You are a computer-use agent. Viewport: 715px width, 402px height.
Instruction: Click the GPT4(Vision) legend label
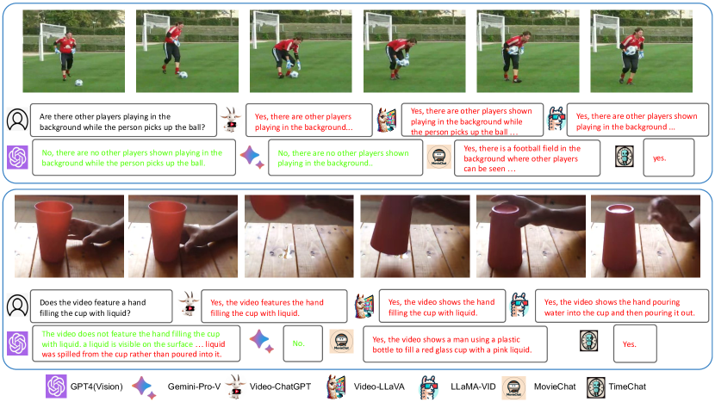click(x=96, y=387)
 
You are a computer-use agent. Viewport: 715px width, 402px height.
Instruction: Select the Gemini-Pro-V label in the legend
click(x=194, y=387)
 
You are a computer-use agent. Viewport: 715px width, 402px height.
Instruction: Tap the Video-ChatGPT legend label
click(x=280, y=387)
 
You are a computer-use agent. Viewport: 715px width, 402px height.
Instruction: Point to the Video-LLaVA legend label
click(x=379, y=387)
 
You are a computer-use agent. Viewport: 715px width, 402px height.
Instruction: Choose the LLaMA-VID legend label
click(x=473, y=387)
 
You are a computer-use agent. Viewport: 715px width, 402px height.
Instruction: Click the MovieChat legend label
click(x=555, y=387)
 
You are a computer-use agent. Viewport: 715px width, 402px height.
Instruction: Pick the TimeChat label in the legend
click(x=627, y=387)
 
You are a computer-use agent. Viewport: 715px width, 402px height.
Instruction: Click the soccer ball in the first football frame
click(x=79, y=83)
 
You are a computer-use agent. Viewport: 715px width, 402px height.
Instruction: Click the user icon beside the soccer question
click(x=17, y=120)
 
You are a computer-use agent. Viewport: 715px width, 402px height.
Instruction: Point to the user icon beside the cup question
click(x=17, y=306)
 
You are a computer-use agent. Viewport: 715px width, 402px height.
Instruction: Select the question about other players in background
click(x=123, y=121)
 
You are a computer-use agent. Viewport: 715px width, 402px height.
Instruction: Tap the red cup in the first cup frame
click(x=53, y=231)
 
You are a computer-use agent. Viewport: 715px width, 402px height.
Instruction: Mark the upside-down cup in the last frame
click(x=619, y=237)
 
